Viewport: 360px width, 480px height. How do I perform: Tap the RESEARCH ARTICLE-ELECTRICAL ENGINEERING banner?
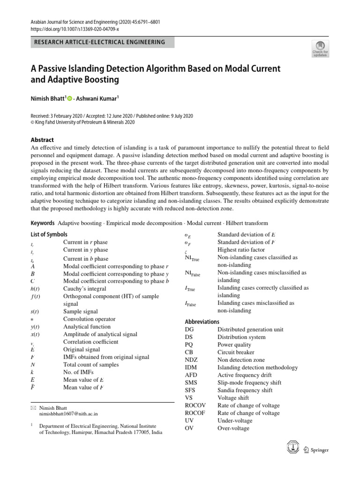click(x=100, y=42)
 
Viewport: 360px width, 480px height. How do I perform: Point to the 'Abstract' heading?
click(x=42, y=140)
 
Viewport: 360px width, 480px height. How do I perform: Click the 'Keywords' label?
click(x=43, y=223)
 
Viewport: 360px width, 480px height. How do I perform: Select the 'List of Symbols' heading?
click(x=49, y=234)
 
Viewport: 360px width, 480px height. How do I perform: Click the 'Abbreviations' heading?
click(x=202, y=322)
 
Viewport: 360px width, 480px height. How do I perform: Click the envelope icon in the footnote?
click(x=33, y=408)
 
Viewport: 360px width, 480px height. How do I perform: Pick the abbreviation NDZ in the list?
click(x=193, y=360)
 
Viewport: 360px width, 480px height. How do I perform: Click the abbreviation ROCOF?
click(x=195, y=413)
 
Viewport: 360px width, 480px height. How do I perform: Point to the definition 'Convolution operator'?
click(x=89, y=319)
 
